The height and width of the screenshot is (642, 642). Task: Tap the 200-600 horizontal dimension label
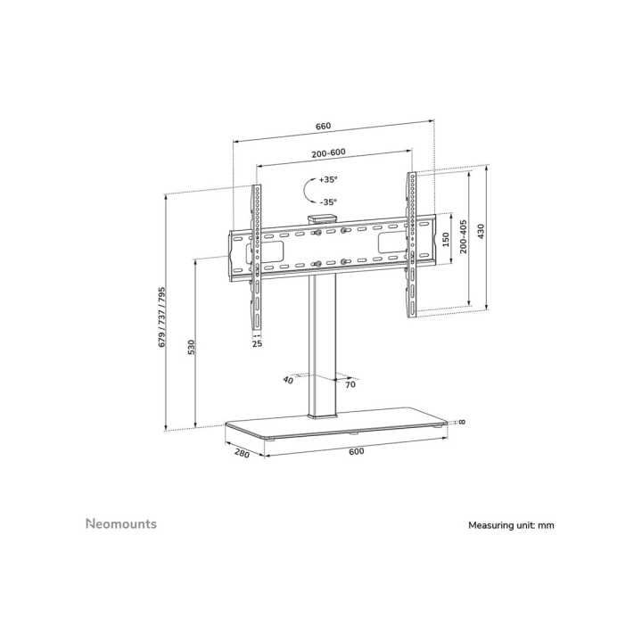(x=329, y=152)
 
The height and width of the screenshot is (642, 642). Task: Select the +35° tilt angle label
(x=328, y=179)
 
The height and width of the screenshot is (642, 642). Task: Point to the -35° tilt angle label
(x=328, y=202)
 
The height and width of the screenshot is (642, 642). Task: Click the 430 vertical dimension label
(x=481, y=235)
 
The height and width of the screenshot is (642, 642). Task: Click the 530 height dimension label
(x=191, y=348)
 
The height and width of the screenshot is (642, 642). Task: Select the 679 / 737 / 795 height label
(x=162, y=318)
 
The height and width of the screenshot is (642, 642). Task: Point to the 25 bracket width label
(x=256, y=342)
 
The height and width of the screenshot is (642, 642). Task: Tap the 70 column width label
(x=350, y=385)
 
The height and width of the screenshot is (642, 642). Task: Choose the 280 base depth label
(x=240, y=452)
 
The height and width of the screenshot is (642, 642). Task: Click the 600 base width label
(x=356, y=451)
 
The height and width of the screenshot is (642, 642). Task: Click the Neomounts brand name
(x=120, y=523)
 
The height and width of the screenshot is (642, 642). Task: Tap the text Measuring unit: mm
(x=511, y=525)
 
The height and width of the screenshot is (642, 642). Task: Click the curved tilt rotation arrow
(x=306, y=190)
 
